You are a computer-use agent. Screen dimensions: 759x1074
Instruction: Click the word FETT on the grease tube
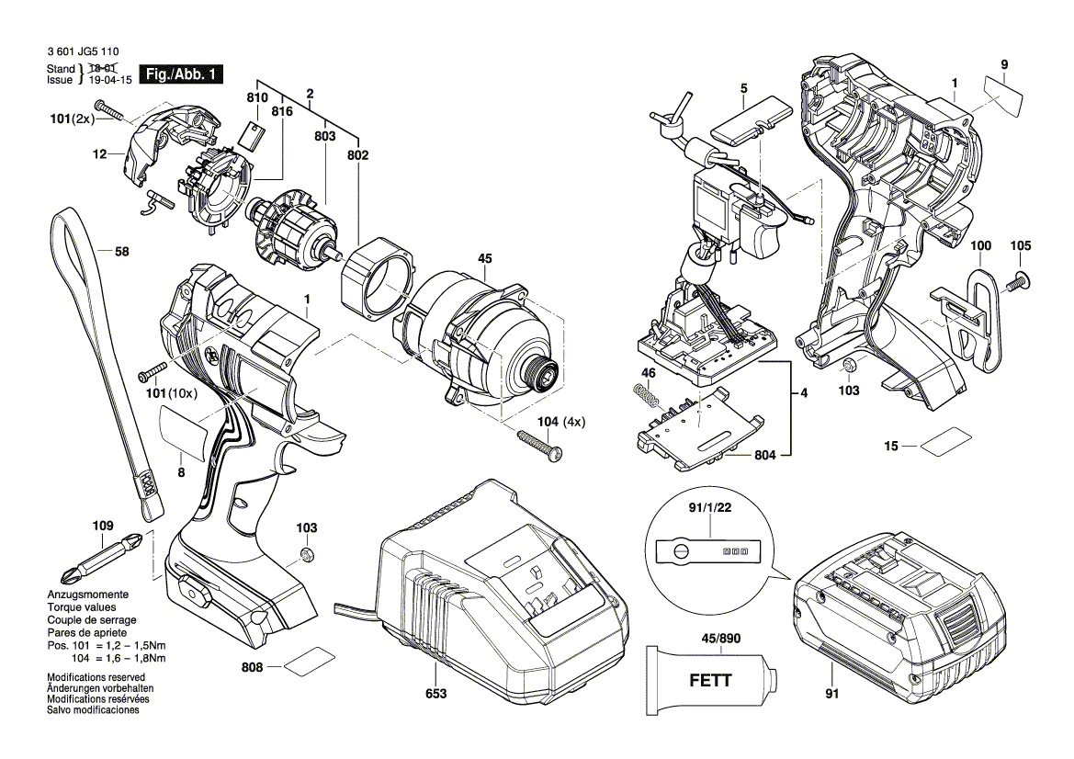pyautogui.click(x=710, y=681)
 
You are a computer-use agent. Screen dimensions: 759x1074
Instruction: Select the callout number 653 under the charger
pyautogui.click(x=435, y=694)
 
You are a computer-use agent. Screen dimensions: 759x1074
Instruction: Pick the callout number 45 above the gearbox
pyautogui.click(x=485, y=259)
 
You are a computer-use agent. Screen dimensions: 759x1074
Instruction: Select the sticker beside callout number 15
pyautogui.click(x=945, y=444)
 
